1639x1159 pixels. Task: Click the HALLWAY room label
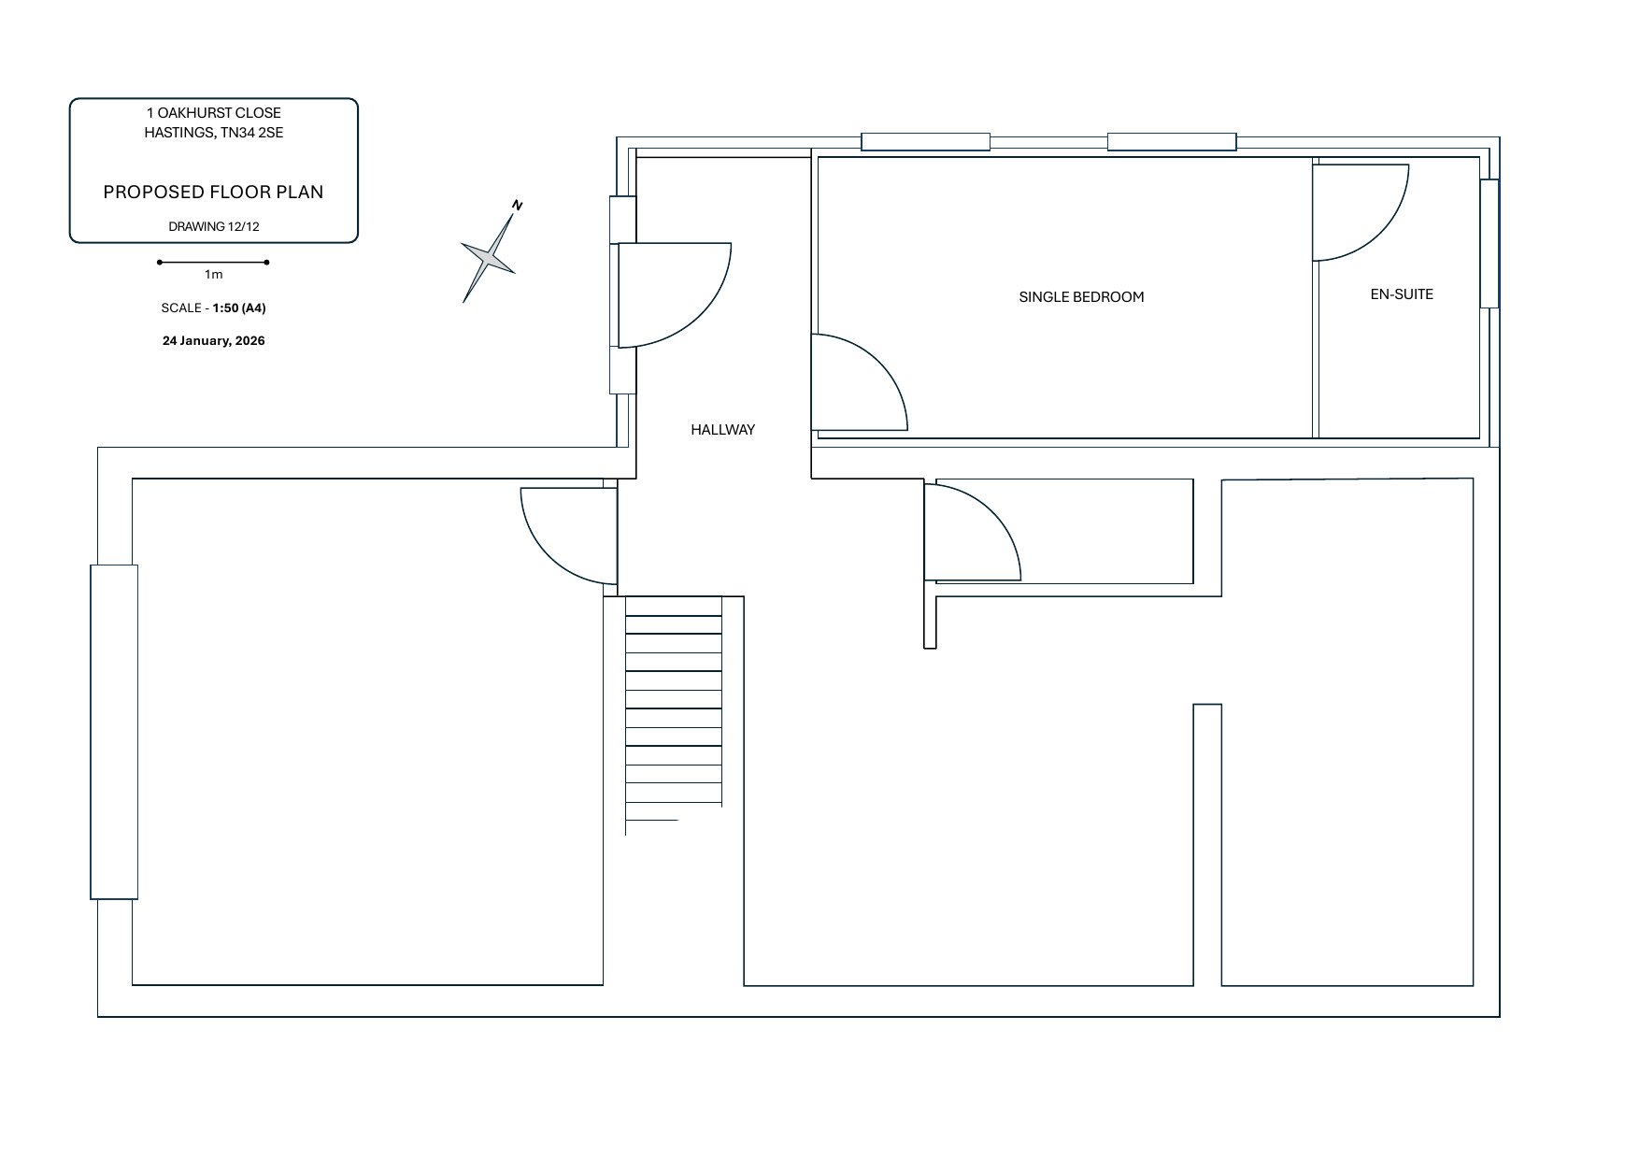coord(722,430)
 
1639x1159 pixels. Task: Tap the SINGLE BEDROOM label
coord(1081,297)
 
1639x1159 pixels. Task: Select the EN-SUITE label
coord(1401,294)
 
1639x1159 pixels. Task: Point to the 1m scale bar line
coord(213,263)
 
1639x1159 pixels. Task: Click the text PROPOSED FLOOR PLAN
coord(213,193)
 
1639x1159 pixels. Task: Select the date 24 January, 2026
coord(213,341)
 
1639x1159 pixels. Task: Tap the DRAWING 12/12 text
coord(213,227)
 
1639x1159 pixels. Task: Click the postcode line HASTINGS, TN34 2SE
coord(213,133)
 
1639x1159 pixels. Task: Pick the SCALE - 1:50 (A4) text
coord(213,308)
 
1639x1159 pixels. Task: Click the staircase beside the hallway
coord(674,710)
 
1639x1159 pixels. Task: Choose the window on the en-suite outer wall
coord(1489,243)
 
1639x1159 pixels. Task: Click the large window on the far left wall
coord(114,732)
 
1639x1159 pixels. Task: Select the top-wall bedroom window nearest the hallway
coord(925,142)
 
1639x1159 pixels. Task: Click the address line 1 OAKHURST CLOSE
coord(213,113)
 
